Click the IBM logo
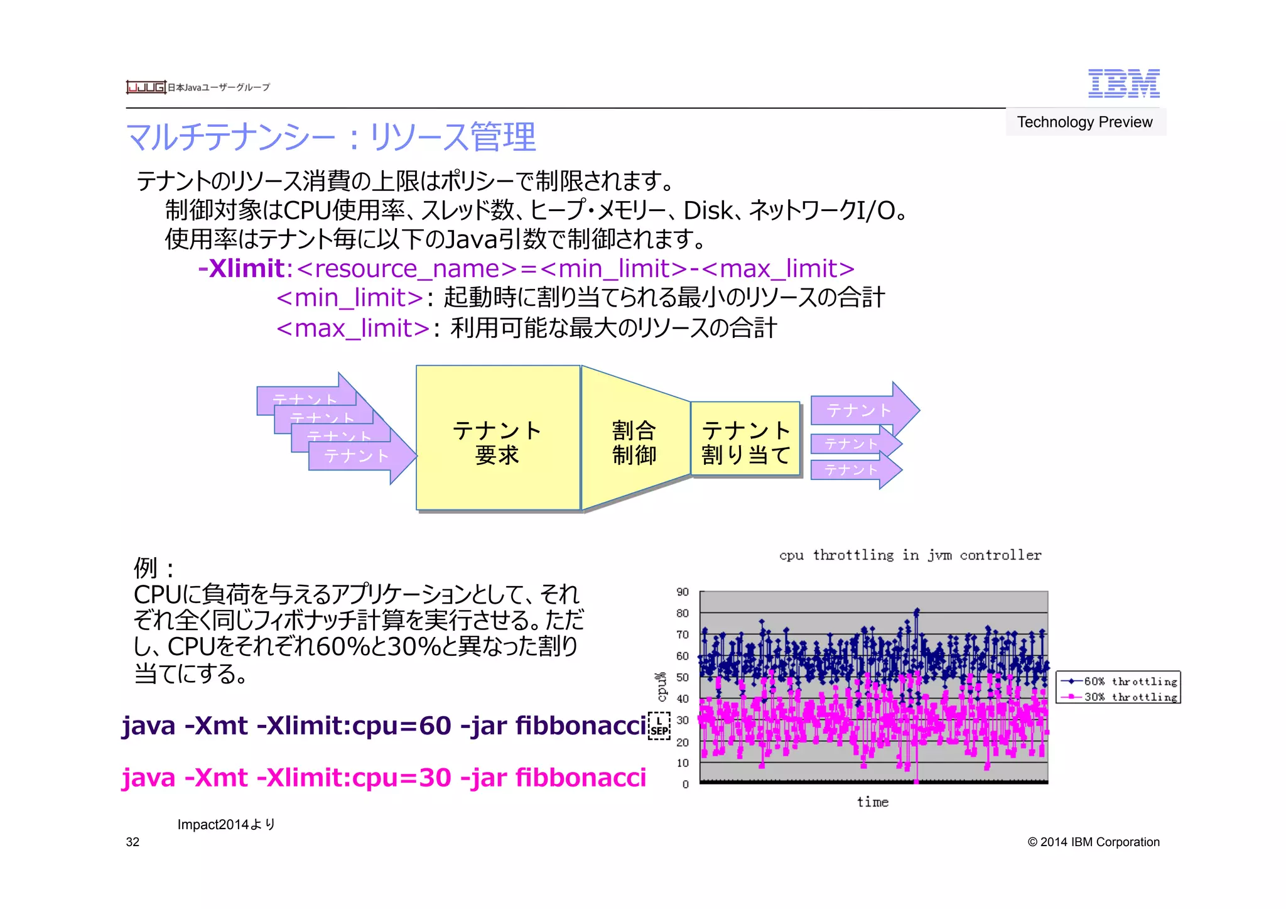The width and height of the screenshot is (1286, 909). click(x=1123, y=84)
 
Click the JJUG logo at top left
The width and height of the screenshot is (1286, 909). click(x=146, y=87)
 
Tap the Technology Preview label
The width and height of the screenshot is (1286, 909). click(x=1084, y=122)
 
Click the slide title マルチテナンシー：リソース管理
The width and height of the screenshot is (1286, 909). click(x=331, y=137)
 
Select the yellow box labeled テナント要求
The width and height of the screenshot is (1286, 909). click(x=497, y=438)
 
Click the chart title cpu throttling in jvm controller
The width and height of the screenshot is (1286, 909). click(x=910, y=555)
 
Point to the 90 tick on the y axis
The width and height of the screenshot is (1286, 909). click(x=683, y=592)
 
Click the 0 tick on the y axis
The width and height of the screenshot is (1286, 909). click(x=685, y=784)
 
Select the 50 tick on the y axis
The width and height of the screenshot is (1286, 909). click(x=683, y=677)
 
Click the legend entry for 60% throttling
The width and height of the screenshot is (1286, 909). click(x=1118, y=681)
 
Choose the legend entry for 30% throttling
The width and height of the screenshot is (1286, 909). click(x=1118, y=697)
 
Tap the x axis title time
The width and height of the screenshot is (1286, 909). click(x=873, y=802)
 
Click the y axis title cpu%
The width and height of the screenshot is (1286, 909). click(x=661, y=687)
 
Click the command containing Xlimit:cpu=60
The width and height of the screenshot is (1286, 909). click(x=384, y=726)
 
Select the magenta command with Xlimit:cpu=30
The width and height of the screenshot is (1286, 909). click(x=384, y=778)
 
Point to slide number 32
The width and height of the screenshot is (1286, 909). click(x=132, y=842)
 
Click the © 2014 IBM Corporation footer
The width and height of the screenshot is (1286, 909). click(x=1093, y=842)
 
